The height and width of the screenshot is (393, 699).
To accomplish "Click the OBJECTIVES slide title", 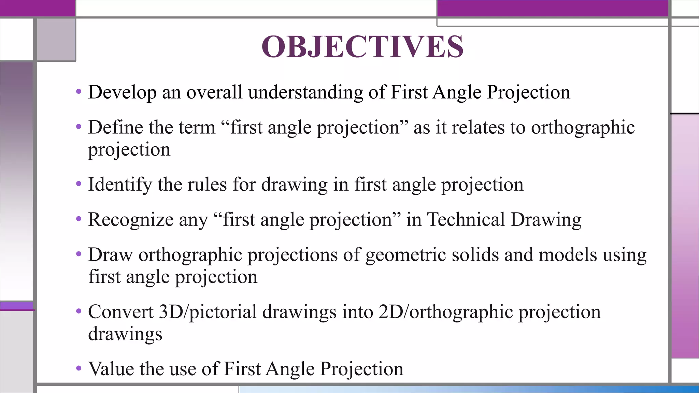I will point(362,47).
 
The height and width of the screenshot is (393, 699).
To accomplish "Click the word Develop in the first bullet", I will point(122,92).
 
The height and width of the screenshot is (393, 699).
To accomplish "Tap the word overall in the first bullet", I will point(214,92).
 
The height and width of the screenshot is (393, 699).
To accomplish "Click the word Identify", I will point(120,185).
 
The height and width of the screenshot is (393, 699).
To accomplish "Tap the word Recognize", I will point(131,220).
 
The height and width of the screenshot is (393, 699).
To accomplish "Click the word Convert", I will point(121,312).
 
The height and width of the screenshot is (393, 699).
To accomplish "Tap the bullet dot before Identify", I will point(79,184).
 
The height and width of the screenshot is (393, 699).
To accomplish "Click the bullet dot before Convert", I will point(79,311).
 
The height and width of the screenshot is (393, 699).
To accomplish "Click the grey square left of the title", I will point(56,40).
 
